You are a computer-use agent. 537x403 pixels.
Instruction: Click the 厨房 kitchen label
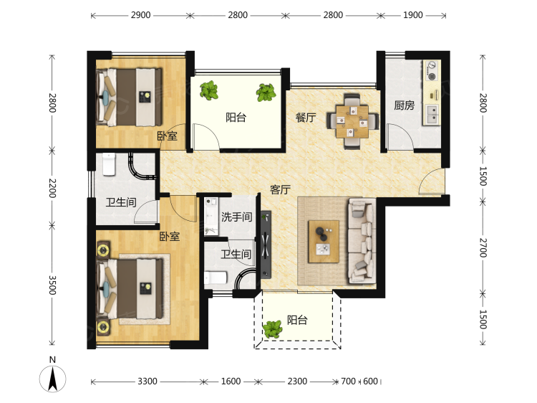tap(404, 105)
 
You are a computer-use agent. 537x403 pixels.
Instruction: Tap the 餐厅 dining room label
tap(306, 118)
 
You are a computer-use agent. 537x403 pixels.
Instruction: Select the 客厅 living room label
tap(281, 189)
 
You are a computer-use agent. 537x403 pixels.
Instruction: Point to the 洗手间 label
tap(237, 217)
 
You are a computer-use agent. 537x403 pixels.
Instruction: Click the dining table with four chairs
tap(353, 121)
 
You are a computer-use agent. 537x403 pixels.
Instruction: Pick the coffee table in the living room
tap(324, 242)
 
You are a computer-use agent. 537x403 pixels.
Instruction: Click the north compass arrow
tap(52, 379)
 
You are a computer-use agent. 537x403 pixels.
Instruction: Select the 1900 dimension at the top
tap(412, 15)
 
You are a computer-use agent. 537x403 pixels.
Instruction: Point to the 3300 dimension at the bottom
tap(147, 381)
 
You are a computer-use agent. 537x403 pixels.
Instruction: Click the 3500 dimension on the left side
tap(52, 285)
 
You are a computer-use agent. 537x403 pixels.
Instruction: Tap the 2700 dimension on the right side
tap(483, 247)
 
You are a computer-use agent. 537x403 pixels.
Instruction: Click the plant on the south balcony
tap(272, 329)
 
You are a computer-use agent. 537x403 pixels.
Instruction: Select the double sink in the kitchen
tap(432, 115)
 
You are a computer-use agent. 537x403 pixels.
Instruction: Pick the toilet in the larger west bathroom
tap(110, 164)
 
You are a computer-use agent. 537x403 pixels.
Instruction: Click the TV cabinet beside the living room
tap(266, 245)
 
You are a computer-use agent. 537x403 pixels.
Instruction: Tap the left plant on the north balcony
tap(208, 90)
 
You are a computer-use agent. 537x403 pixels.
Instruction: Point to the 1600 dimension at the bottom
tap(231, 381)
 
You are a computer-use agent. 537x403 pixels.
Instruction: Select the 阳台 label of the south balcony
tap(297, 320)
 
